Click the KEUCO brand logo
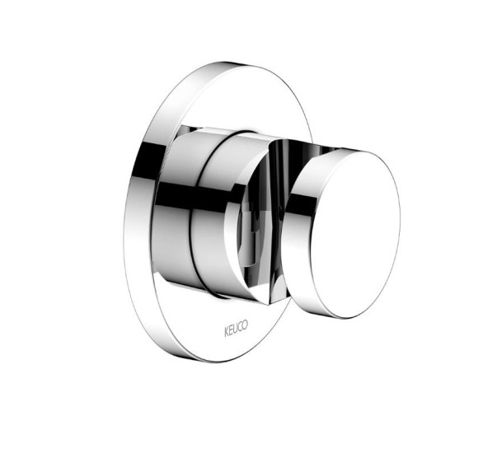click(237, 328)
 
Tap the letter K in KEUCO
click(227, 333)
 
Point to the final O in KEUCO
click(245, 325)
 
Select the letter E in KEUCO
click(231, 330)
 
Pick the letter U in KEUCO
click(235, 329)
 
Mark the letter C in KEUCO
click(239, 327)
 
